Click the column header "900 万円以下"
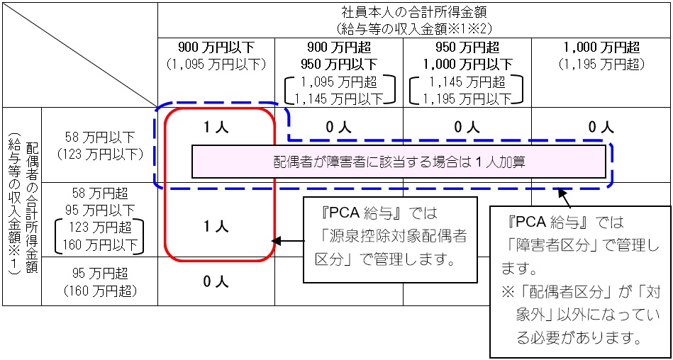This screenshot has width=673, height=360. tap(216, 48)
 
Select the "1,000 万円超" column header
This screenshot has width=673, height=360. tap(601, 48)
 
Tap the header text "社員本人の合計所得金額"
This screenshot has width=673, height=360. tap(415, 13)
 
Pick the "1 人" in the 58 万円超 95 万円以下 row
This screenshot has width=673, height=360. tap(216, 227)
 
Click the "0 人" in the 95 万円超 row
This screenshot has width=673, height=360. tap(216, 281)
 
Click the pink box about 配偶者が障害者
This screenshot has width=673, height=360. tap(399, 162)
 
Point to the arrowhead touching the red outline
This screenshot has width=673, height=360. tap(277, 242)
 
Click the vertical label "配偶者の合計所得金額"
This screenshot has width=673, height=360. tap(32, 206)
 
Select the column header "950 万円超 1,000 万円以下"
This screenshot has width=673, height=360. tap(467, 56)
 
